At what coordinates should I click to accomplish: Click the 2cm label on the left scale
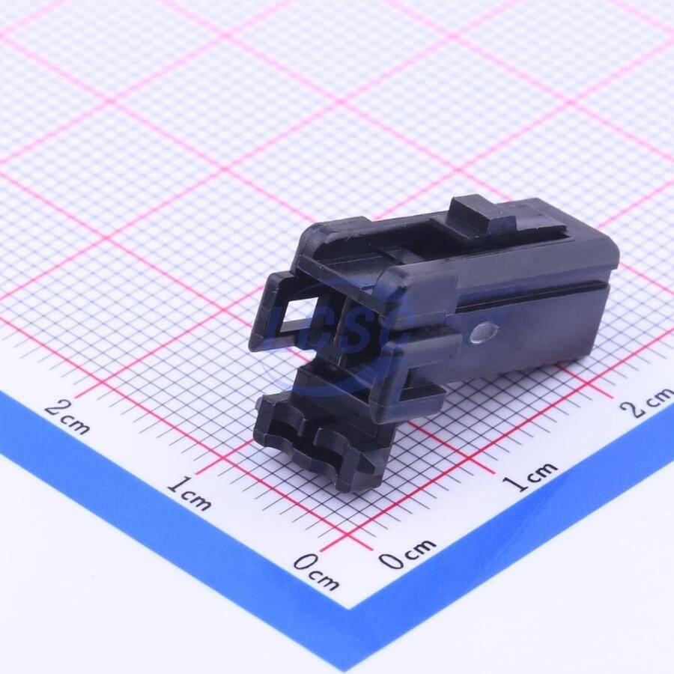pyautogui.click(x=67, y=416)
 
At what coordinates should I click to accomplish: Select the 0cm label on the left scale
pyautogui.click(x=316, y=571)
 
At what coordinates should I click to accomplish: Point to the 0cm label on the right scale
pyautogui.click(x=407, y=553)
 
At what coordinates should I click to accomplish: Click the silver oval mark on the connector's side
pyautogui.click(x=485, y=333)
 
